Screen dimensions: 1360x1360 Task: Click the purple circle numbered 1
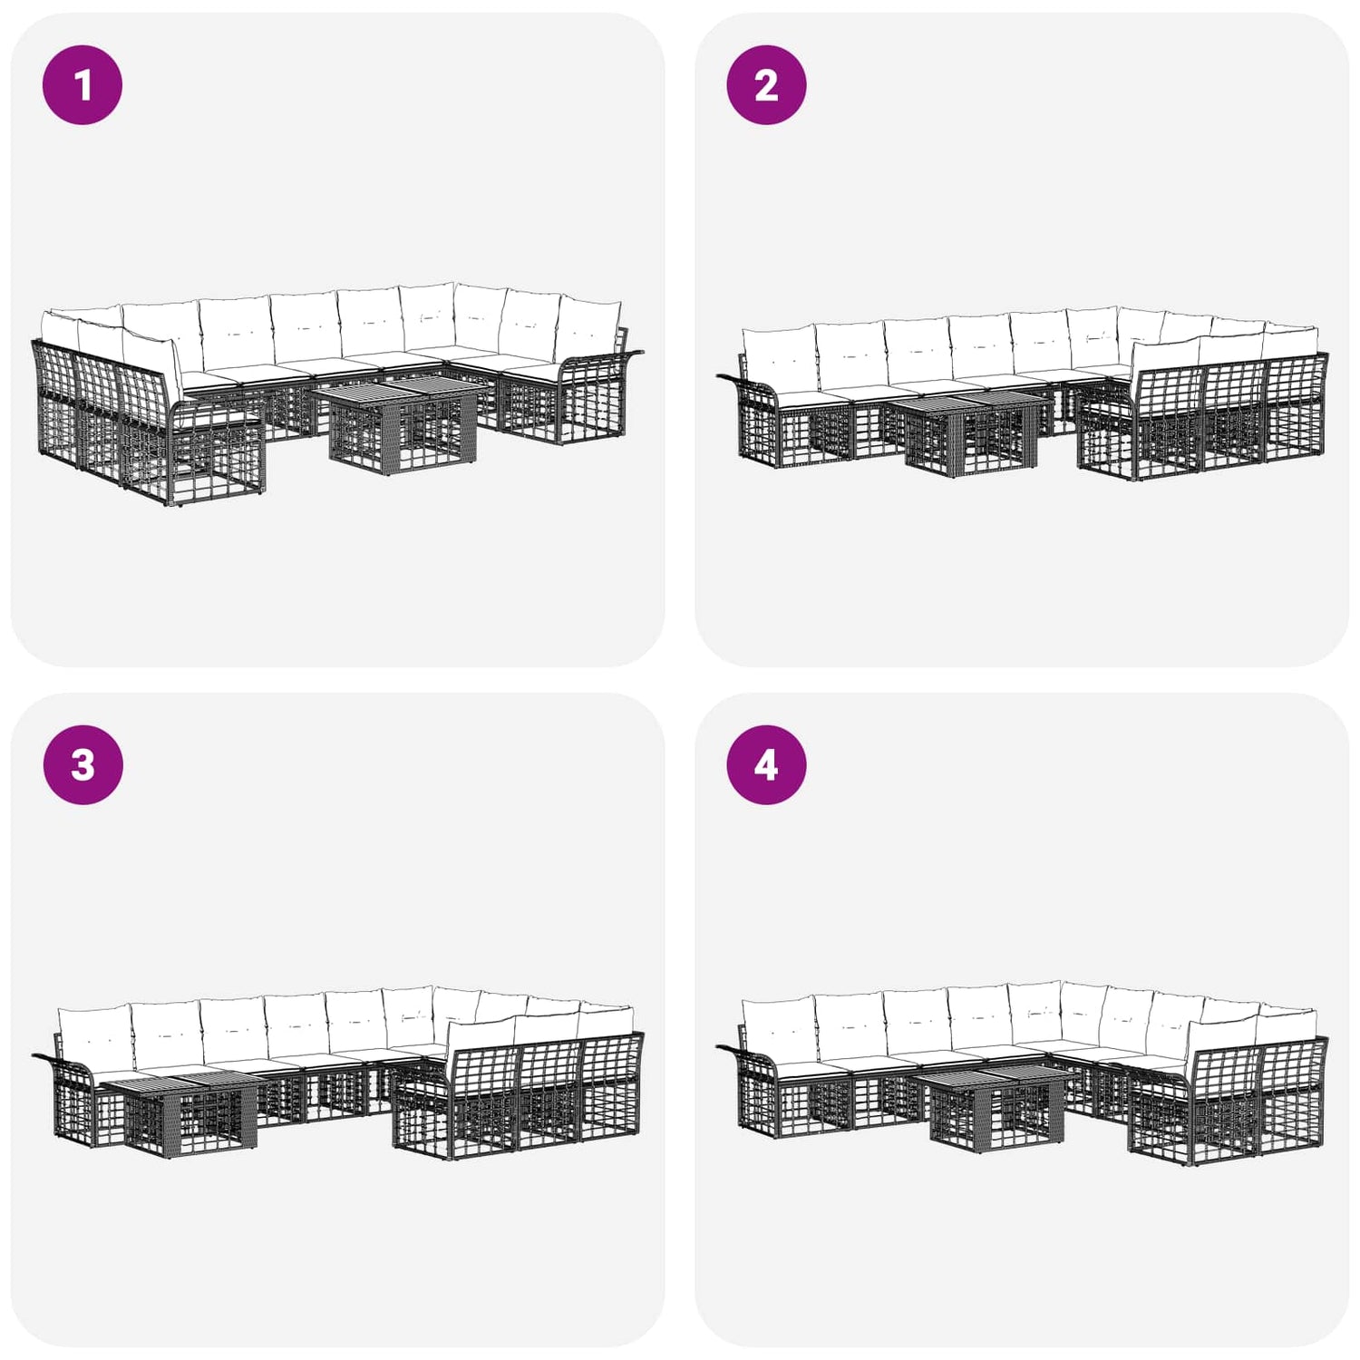pos(83,85)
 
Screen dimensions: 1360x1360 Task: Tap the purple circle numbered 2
pos(766,85)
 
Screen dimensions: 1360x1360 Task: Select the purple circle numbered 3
pos(83,765)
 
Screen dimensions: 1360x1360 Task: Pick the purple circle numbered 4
pos(766,765)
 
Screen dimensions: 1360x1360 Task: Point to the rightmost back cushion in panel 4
pos(1288,1023)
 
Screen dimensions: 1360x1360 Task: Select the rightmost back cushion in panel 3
pos(607,1019)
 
